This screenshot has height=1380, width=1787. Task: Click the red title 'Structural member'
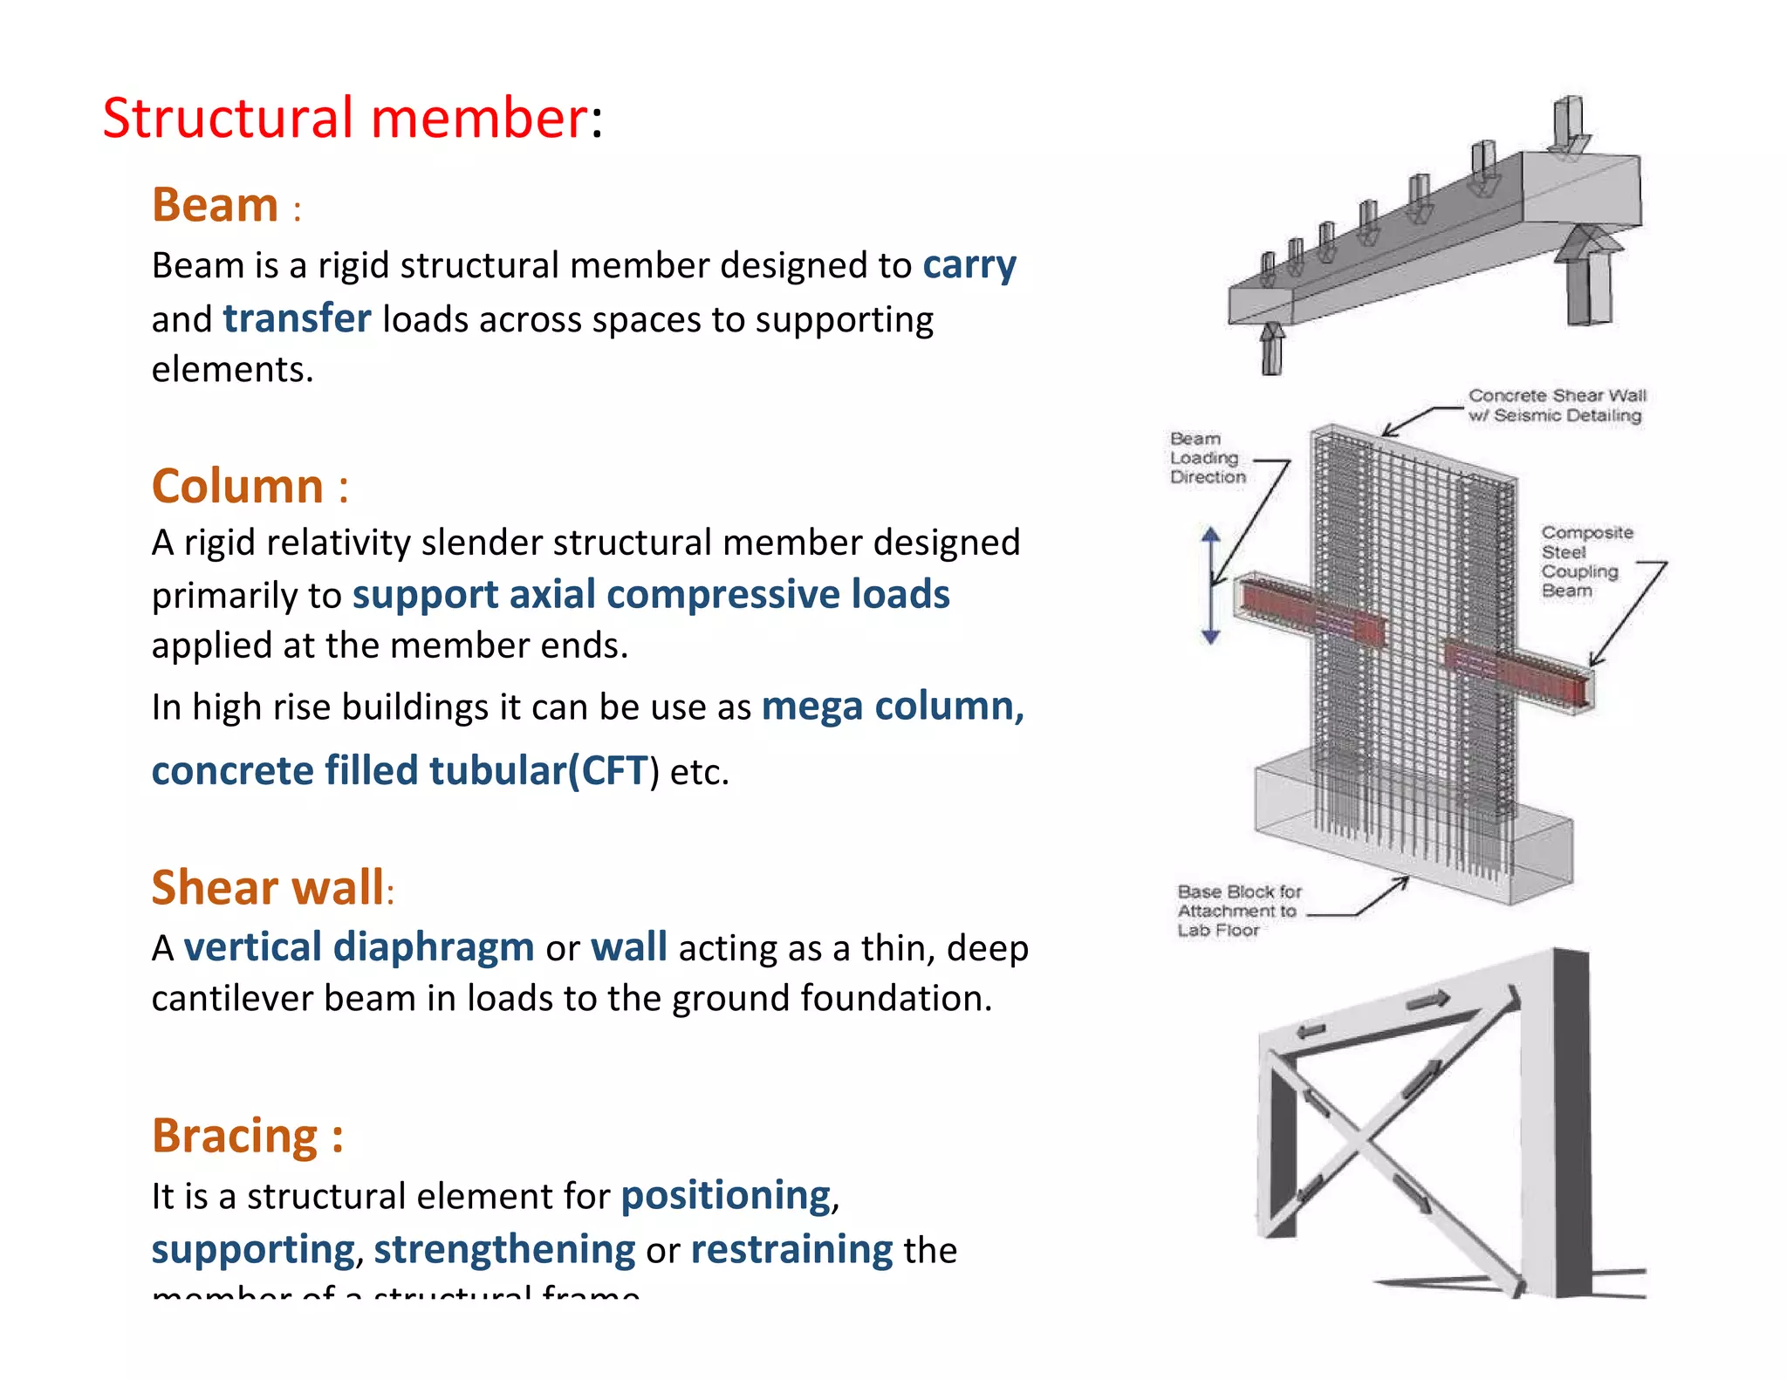point(345,118)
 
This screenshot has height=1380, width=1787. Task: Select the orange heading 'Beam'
point(215,206)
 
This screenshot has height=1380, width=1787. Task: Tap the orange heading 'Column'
point(237,487)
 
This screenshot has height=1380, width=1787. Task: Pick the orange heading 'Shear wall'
point(267,888)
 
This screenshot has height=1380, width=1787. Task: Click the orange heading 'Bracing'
point(235,1136)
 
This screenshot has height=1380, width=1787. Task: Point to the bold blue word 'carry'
point(969,265)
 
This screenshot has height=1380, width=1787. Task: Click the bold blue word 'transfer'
point(297,319)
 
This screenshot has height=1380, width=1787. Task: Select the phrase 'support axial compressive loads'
point(650,595)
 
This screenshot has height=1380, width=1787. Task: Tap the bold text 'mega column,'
point(892,707)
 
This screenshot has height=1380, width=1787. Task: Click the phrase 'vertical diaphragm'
point(359,948)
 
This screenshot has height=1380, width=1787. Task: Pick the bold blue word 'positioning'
point(726,1196)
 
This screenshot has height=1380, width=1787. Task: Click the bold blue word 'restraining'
point(791,1250)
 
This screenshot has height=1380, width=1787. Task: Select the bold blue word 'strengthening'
point(504,1250)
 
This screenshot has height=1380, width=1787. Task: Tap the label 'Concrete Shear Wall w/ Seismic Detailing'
point(1556,406)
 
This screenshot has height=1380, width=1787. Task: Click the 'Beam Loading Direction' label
point(1207,458)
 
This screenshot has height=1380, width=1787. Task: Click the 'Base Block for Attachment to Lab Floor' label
point(1237,911)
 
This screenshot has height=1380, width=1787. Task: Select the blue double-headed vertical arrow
point(1210,585)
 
